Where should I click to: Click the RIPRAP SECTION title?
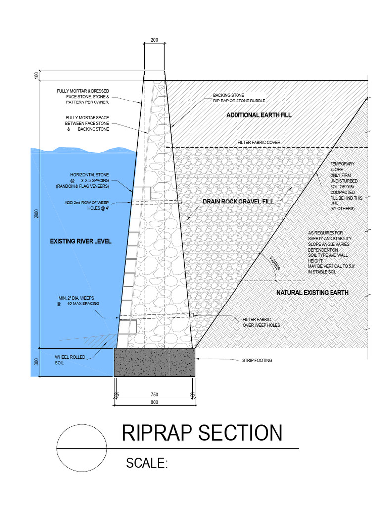point(202,433)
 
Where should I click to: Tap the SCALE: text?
point(147,463)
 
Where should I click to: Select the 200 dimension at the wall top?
point(154,40)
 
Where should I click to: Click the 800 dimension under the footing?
point(154,403)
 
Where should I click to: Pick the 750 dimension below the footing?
point(154,395)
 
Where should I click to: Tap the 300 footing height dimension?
point(36,361)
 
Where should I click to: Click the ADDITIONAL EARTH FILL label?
point(259,115)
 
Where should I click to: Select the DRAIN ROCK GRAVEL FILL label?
point(237,202)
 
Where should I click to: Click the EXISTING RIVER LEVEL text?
point(81,241)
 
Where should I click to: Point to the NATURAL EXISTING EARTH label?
point(312,293)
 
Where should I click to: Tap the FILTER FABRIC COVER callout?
point(259,142)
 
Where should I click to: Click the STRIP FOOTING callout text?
point(257,360)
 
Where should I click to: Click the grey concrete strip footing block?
point(154,361)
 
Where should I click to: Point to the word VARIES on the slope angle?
point(274,263)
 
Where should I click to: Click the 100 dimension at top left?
point(36,75)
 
